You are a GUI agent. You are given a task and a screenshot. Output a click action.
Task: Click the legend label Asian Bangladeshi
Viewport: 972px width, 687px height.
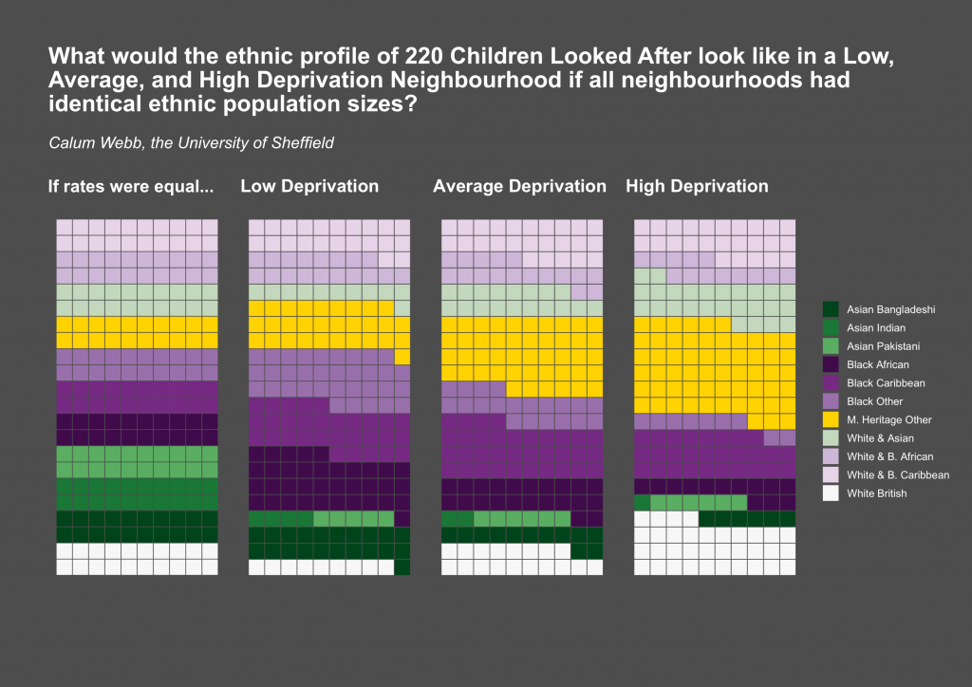tap(891, 309)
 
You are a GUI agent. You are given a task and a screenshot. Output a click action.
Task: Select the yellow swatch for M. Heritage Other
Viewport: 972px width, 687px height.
tap(831, 419)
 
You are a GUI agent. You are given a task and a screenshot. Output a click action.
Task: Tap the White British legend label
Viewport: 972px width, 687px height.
tap(876, 493)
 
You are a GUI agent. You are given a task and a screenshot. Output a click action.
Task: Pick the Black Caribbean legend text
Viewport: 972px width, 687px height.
tap(885, 383)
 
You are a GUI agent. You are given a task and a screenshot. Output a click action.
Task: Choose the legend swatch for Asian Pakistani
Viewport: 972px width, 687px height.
tap(831, 346)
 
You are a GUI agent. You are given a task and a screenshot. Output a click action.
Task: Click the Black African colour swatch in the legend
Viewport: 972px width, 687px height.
tap(831, 364)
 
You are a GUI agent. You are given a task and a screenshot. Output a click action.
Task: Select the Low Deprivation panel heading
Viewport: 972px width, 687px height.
tap(309, 186)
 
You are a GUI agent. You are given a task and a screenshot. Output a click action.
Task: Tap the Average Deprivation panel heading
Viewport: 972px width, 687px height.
tap(519, 186)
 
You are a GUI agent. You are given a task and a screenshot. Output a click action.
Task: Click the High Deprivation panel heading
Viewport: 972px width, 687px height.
tap(697, 186)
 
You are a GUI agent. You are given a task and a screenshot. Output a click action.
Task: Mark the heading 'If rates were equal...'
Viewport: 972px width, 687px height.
tap(131, 186)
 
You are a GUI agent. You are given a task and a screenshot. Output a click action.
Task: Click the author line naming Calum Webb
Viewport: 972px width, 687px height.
tap(191, 143)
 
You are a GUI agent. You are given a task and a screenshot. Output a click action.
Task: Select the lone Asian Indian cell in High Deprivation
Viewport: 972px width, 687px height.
tap(643, 502)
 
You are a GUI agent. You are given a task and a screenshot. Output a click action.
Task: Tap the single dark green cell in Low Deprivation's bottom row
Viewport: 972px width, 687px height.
tap(402, 567)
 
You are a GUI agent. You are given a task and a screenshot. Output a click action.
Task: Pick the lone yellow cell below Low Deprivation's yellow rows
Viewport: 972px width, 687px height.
tap(402, 357)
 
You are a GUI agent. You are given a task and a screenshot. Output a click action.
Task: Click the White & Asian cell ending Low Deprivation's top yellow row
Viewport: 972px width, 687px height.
tap(402, 308)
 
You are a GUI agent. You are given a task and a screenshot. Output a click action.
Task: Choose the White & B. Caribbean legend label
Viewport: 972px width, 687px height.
tap(897, 474)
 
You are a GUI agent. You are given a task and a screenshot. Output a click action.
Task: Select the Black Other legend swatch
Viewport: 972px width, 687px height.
tap(831, 401)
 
